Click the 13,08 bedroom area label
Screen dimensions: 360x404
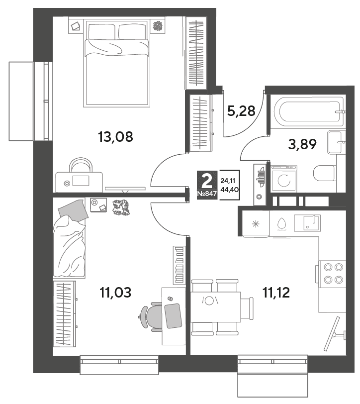tap(115, 137)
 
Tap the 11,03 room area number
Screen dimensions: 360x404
tap(115, 293)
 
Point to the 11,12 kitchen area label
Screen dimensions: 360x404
tap(276, 293)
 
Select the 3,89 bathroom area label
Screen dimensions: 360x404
tap(302, 144)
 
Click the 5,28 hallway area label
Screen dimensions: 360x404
tap(241, 111)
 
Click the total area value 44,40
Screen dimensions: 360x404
tap(229, 190)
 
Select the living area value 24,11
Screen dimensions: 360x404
tap(226, 181)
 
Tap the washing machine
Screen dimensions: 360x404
tap(284, 178)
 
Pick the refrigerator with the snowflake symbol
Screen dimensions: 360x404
tap(256, 224)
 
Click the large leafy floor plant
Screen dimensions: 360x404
tap(121, 207)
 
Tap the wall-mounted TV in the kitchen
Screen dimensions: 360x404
tap(334, 334)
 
